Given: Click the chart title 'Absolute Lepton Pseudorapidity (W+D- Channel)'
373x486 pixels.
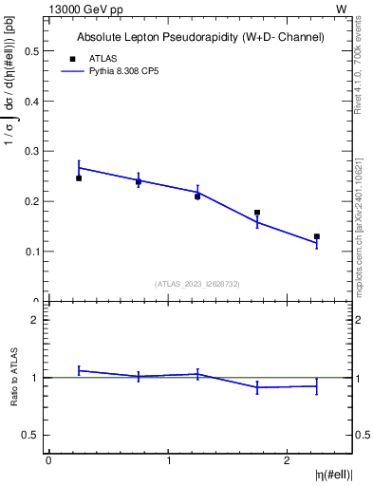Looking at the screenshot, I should [x=200, y=37].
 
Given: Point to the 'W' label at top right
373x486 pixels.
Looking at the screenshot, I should [x=342, y=9].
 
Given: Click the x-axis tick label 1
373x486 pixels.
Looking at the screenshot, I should [x=168, y=459].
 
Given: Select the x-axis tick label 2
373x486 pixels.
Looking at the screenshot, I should [x=288, y=459].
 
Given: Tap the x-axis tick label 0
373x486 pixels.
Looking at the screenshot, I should [x=48, y=459].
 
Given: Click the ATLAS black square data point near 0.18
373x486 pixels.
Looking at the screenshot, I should [x=257, y=213].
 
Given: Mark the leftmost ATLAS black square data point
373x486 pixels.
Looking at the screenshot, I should [x=79, y=178].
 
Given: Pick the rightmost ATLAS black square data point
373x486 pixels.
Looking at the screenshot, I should [x=317, y=236].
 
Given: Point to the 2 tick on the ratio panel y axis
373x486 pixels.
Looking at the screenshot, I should [x=37, y=320].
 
